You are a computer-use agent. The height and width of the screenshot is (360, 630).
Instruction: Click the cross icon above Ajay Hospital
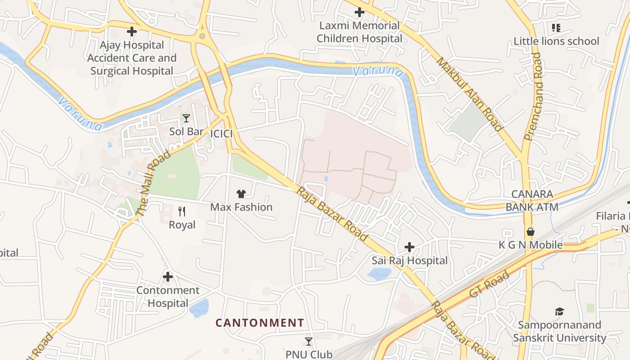click(x=131, y=31)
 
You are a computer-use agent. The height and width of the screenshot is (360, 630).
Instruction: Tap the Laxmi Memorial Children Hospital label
click(x=359, y=32)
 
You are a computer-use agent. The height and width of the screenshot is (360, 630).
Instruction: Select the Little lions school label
click(x=556, y=41)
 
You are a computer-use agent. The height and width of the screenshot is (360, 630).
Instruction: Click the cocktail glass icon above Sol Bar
click(x=186, y=118)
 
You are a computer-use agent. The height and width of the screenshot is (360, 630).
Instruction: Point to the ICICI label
click(x=221, y=134)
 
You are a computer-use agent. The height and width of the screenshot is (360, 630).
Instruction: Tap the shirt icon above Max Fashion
click(x=241, y=194)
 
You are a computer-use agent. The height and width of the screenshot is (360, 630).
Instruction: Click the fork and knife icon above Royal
click(x=182, y=211)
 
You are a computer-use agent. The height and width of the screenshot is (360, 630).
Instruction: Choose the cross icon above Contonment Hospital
click(x=168, y=277)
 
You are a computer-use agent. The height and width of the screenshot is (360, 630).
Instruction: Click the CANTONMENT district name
click(x=260, y=323)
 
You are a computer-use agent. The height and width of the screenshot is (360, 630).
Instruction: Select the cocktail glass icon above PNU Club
click(x=309, y=342)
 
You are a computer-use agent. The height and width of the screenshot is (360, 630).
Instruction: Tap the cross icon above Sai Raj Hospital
click(x=409, y=247)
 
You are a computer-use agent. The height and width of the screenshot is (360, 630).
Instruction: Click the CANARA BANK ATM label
click(x=532, y=201)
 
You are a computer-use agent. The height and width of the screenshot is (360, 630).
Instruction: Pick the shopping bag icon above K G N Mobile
click(x=531, y=232)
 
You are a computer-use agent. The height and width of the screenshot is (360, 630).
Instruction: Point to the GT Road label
click(x=489, y=284)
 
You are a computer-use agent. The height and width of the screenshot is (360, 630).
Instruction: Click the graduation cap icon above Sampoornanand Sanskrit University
click(x=559, y=311)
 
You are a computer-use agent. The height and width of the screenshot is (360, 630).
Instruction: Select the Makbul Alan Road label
click(x=469, y=94)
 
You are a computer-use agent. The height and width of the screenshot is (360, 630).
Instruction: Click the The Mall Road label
click(x=154, y=184)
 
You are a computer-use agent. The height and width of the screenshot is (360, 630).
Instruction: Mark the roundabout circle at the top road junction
click(x=202, y=36)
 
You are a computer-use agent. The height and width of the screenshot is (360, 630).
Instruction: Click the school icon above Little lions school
click(x=556, y=28)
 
